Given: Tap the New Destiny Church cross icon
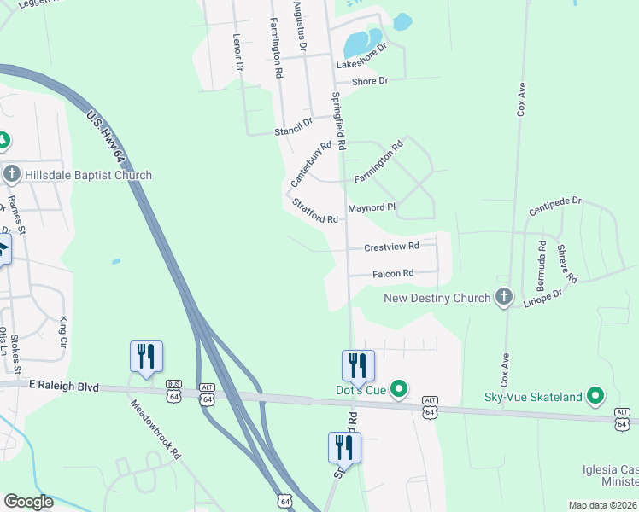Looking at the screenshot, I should click(504, 298).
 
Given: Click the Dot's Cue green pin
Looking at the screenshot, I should click(398, 391).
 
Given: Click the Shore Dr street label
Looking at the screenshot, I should click(371, 80).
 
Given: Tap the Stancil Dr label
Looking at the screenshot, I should click(294, 125).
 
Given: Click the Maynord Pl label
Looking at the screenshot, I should click(372, 207).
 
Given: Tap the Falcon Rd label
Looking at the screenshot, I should click(393, 273).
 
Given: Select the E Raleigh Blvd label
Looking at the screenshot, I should click(64, 387).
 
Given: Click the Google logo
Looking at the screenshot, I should click(29, 502).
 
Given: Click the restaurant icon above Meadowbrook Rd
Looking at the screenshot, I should click(145, 356).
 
